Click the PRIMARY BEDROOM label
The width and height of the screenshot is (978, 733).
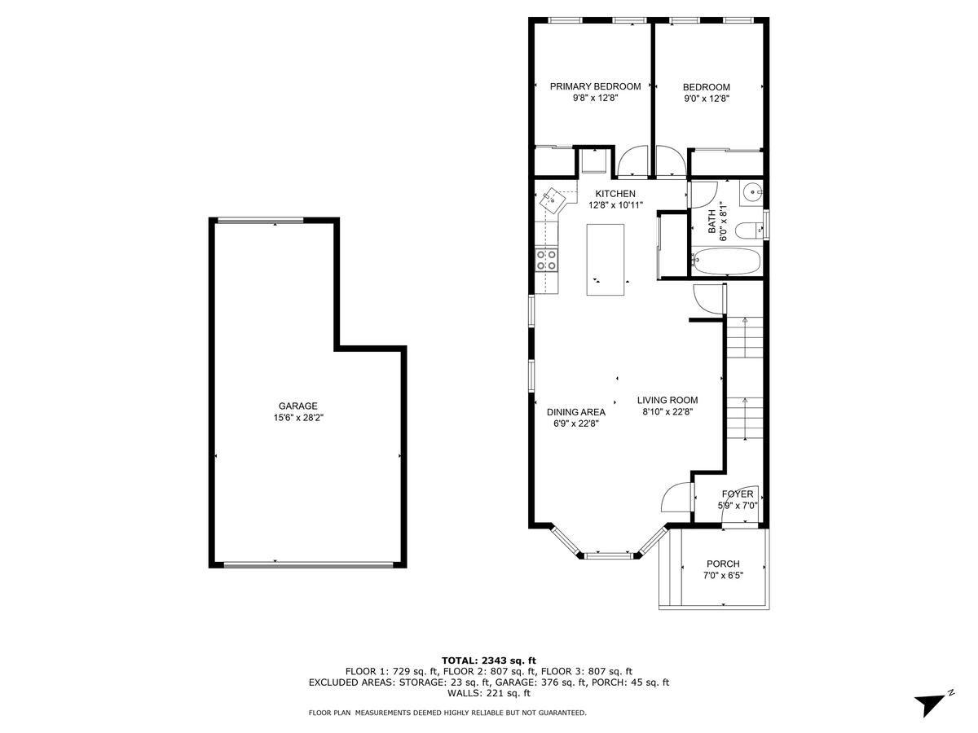(x=595, y=86)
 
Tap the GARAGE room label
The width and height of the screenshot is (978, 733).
(x=298, y=406)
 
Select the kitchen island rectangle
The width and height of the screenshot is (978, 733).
(x=605, y=260)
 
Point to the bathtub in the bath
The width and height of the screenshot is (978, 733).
(x=725, y=261)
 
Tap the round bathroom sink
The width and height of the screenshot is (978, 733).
(x=752, y=193)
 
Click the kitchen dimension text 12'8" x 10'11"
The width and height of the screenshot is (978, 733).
(x=616, y=205)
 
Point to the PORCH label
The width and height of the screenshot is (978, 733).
(x=723, y=564)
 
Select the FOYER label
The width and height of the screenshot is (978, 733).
(x=738, y=494)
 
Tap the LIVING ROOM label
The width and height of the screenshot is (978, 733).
(x=667, y=400)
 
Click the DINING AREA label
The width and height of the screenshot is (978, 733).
(x=576, y=412)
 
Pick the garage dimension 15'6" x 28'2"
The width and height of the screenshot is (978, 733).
(x=298, y=418)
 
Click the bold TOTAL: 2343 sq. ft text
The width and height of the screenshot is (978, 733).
(x=489, y=661)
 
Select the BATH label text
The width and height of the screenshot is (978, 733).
(x=711, y=222)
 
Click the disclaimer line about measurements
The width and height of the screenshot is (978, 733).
(x=447, y=713)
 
